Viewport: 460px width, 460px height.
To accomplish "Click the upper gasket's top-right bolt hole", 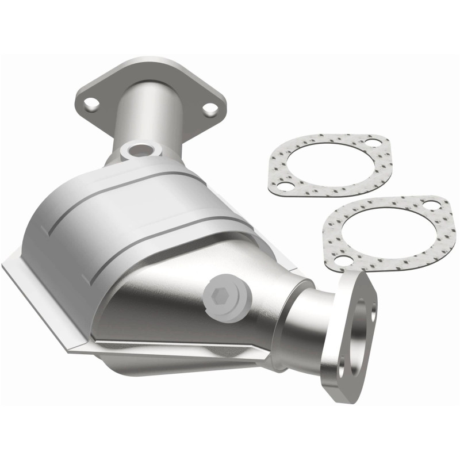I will click(x=374, y=143).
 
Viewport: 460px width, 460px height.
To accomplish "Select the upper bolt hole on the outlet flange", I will click(x=375, y=283).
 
